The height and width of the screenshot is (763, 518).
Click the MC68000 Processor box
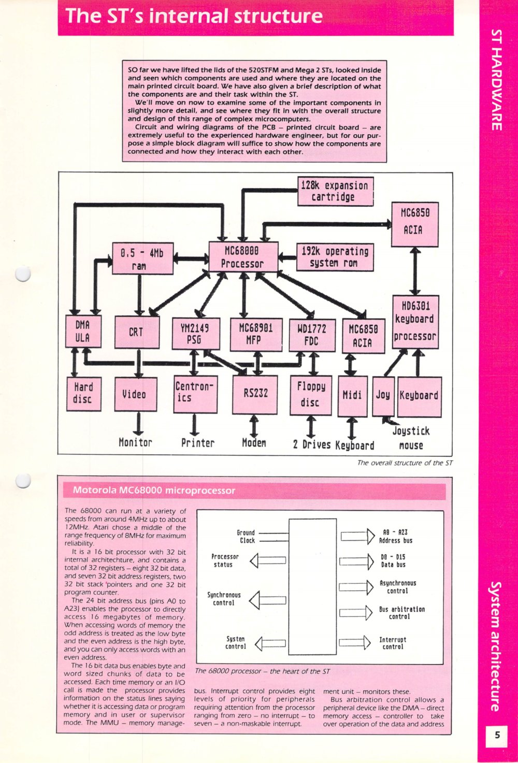(x=243, y=257)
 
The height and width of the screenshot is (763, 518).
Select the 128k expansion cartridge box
(x=335, y=191)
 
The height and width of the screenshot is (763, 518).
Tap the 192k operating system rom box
(x=335, y=257)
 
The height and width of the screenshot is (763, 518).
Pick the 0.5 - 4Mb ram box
(x=142, y=258)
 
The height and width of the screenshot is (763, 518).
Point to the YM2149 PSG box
(x=196, y=334)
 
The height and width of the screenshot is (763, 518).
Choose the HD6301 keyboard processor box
(x=415, y=322)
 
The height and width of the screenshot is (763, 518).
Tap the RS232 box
(x=255, y=394)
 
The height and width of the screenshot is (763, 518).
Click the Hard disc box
(x=83, y=394)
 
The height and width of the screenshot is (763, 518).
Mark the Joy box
(x=383, y=396)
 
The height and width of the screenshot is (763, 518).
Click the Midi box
(x=352, y=396)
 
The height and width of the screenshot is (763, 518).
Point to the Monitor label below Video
(x=135, y=442)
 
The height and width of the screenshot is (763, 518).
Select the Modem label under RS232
(x=254, y=442)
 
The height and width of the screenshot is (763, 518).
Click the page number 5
(x=497, y=735)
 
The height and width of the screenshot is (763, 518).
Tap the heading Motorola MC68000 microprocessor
(x=154, y=490)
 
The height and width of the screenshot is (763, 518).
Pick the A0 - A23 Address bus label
(x=395, y=536)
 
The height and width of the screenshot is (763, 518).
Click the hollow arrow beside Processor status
(x=268, y=560)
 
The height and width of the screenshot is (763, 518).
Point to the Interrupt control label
(x=393, y=643)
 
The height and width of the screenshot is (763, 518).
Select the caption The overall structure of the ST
(x=405, y=463)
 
